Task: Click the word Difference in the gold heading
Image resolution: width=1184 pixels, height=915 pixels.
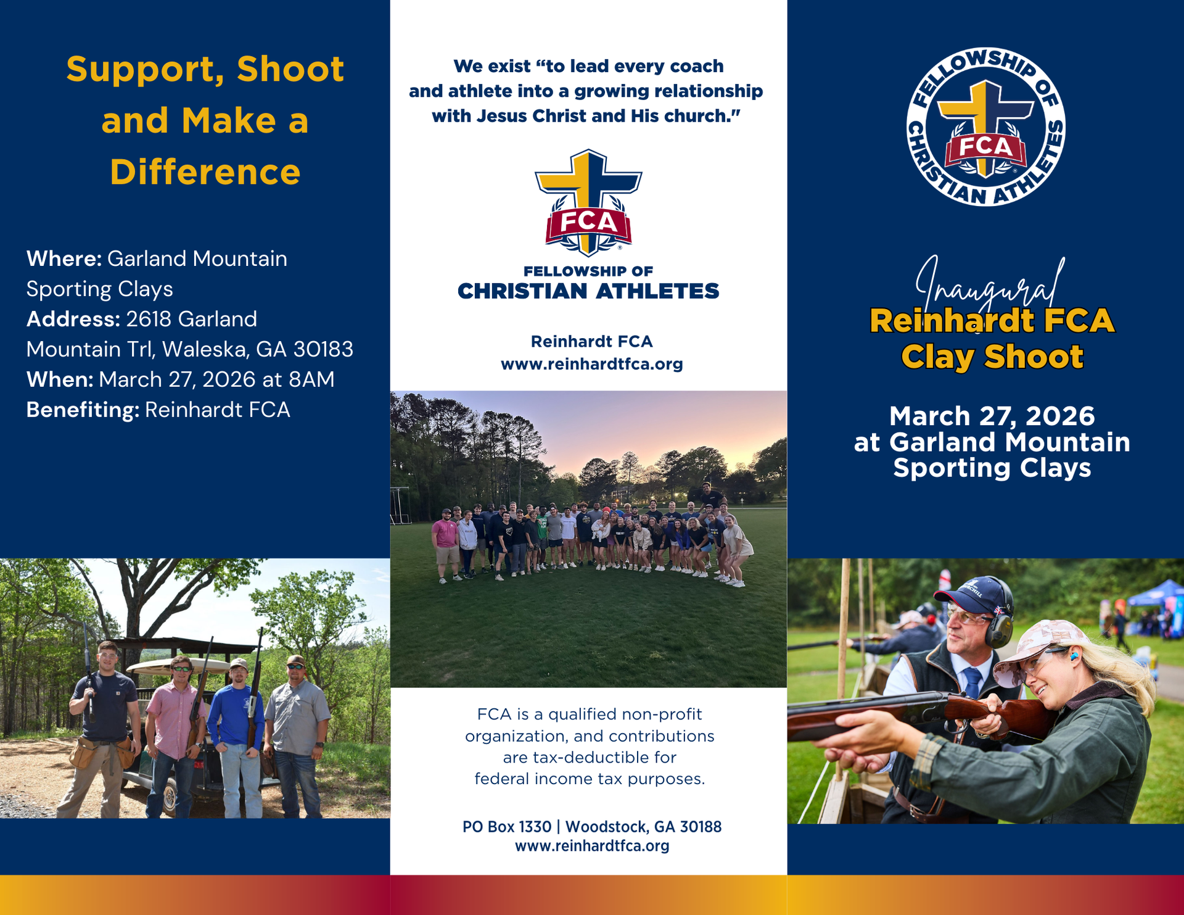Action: tap(205, 172)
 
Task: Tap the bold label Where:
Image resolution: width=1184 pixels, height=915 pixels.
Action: tap(64, 259)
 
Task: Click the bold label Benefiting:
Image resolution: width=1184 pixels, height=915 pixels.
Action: tap(83, 410)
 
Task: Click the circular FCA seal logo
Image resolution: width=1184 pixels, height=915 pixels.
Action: tap(985, 126)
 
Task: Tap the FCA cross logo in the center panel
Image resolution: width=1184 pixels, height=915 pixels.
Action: tap(589, 203)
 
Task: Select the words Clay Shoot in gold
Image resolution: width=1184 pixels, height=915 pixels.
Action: tap(992, 357)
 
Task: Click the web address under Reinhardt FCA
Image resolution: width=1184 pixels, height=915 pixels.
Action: tap(592, 364)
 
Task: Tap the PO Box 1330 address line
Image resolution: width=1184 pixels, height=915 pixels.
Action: tap(592, 827)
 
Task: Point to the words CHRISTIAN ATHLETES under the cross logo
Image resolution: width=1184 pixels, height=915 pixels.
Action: tap(588, 291)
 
